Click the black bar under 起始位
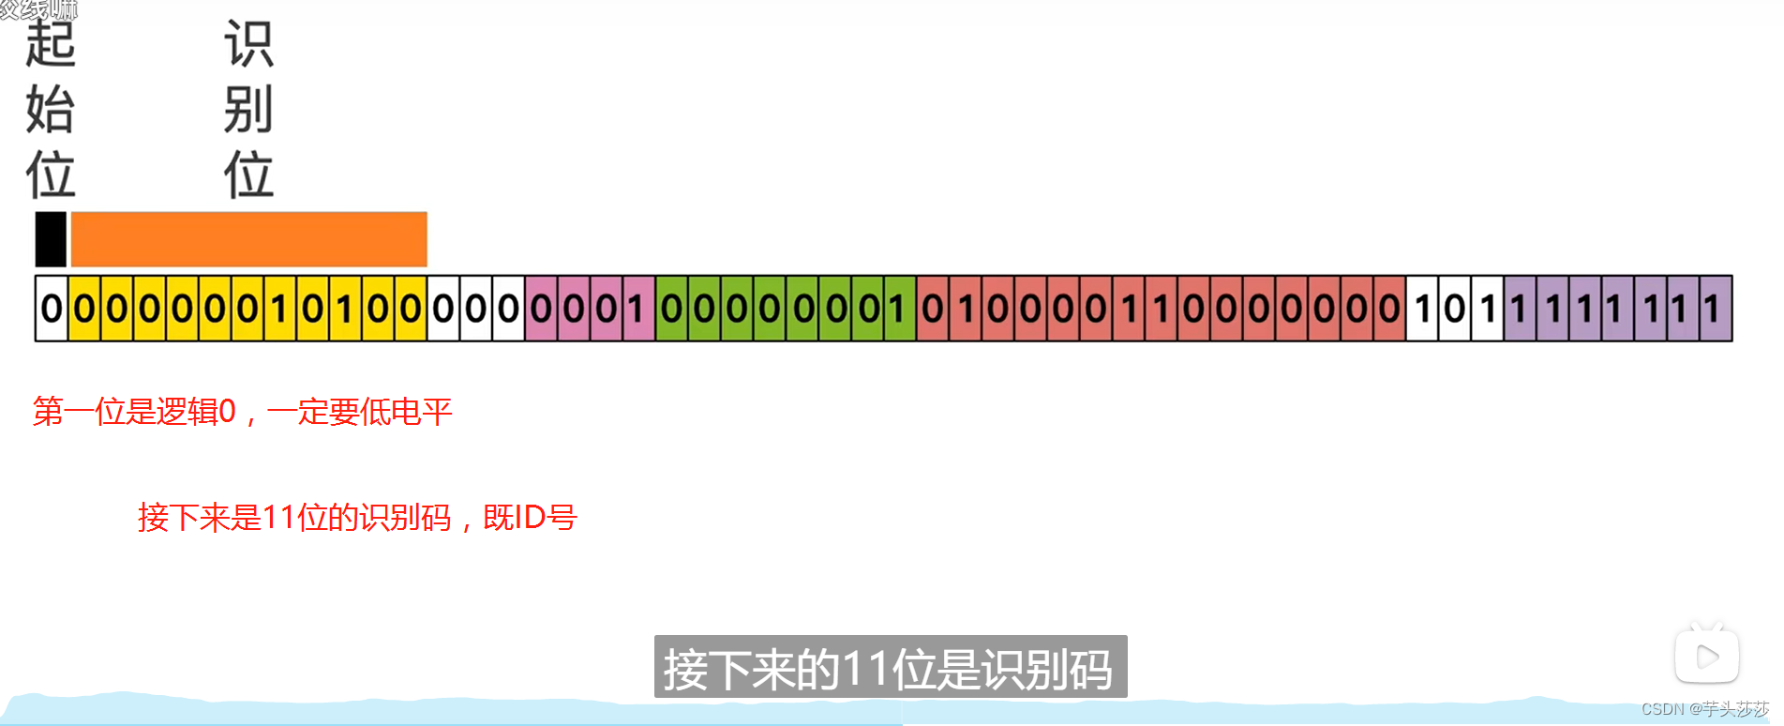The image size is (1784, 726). pos(51,239)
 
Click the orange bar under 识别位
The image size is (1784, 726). pos(248,239)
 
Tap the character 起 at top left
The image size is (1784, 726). pos(50,45)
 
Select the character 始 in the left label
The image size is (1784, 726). pos(50,110)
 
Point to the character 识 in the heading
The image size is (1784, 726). pos(248,45)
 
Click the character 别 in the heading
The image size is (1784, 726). pos(248,110)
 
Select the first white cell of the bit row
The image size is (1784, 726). pos(52,309)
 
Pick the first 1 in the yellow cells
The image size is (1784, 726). pos(279,309)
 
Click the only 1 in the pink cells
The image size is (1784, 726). pos(637,309)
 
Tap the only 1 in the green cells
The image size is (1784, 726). pos(899,309)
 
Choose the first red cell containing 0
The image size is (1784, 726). pos(932,309)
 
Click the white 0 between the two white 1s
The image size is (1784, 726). pos(1454,309)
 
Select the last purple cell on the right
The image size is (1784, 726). pos(1715,309)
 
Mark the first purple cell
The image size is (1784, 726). pos(1520,309)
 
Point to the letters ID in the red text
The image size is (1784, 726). pos(530,517)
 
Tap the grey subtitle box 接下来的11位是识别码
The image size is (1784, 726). pos(890,667)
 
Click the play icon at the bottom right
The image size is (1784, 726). pos(1706,656)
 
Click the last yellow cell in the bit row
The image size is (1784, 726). pos(411,309)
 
